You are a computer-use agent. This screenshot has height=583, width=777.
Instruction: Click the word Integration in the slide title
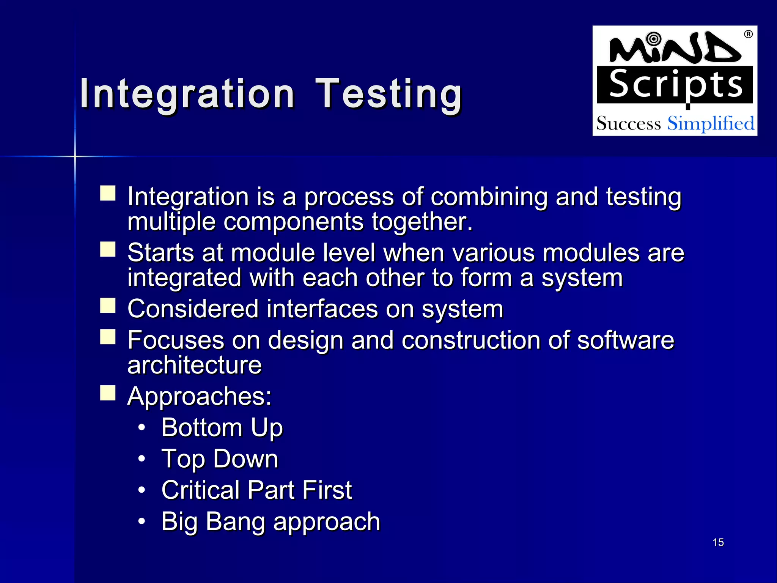coord(187,94)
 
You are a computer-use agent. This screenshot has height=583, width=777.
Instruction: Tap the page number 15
coord(718,542)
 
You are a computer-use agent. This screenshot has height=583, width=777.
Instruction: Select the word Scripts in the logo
coord(675,85)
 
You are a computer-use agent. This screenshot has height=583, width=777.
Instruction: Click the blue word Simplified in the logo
coord(711,124)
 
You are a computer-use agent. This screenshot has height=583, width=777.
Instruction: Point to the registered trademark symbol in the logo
coord(748,34)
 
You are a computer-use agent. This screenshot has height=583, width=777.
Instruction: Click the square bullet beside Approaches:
coord(108,393)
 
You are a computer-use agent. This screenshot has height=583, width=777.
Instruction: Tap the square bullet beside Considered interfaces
coord(108,306)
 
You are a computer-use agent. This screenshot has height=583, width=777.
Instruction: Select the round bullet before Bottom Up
coord(142,428)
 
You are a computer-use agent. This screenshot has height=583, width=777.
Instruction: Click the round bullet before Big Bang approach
coord(142,522)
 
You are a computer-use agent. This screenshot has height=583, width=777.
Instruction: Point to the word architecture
coord(194,365)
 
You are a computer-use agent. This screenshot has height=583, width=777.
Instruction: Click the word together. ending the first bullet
coord(422,222)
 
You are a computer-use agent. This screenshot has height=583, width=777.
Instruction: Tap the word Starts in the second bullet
coord(160,253)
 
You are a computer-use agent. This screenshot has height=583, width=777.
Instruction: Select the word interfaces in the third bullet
coord(322,309)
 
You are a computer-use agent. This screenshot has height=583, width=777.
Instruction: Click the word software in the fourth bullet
coord(625,340)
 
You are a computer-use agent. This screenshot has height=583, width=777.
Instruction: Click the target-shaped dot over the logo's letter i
coord(653,38)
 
